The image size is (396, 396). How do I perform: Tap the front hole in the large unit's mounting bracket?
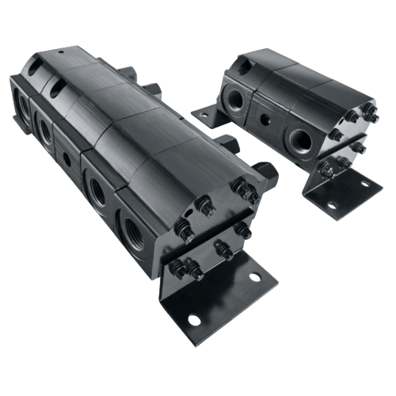192,320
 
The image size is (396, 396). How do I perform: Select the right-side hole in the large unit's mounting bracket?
254,278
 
